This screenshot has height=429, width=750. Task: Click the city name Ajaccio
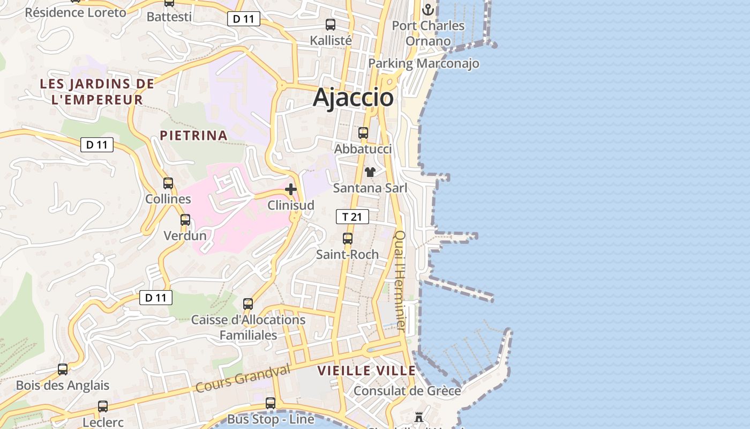click(353, 98)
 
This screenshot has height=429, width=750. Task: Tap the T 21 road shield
click(352, 217)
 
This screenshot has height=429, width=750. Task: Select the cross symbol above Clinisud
click(291, 189)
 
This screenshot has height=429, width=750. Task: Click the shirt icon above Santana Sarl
click(370, 172)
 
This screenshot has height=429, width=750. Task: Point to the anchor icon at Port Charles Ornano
click(427, 9)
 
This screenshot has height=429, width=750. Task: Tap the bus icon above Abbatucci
click(363, 132)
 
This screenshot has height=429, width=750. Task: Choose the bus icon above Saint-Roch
click(348, 238)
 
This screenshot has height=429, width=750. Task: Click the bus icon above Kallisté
click(331, 24)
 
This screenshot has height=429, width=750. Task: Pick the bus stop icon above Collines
click(168, 183)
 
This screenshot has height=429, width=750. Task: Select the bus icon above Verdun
click(185, 219)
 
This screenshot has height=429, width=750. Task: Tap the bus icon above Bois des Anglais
click(63, 369)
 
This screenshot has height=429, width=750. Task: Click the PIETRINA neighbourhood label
click(194, 135)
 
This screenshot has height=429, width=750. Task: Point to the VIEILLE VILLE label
click(366, 371)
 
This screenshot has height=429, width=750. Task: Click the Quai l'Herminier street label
click(401, 280)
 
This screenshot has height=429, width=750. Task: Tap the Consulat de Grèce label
click(407, 390)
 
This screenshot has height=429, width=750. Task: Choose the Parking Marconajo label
click(424, 63)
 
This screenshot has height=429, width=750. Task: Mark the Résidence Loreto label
click(76, 12)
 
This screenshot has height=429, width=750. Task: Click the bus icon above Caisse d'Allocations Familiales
click(248, 304)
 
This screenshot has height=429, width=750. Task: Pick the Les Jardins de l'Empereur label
click(97, 92)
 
